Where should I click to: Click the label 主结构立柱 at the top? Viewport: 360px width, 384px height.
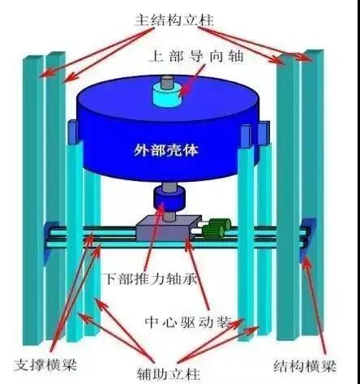[x=174, y=20]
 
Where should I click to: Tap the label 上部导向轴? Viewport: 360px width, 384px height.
[x=196, y=57]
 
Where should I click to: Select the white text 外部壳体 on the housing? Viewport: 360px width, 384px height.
[x=166, y=149]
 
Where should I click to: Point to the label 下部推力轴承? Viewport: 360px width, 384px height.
[x=151, y=278]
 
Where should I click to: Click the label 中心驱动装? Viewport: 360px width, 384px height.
[x=188, y=322]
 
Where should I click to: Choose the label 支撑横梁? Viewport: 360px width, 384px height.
[x=45, y=365]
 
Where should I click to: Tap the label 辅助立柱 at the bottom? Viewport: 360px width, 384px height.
[x=169, y=374]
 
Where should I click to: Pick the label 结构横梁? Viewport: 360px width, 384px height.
[x=305, y=366]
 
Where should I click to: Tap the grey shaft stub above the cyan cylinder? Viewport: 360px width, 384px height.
[x=167, y=82]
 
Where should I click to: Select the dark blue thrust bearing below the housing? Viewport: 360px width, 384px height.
[x=169, y=199]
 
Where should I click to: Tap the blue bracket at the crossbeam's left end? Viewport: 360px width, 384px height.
[x=50, y=242]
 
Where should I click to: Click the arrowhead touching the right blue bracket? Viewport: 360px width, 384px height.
[x=306, y=261]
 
